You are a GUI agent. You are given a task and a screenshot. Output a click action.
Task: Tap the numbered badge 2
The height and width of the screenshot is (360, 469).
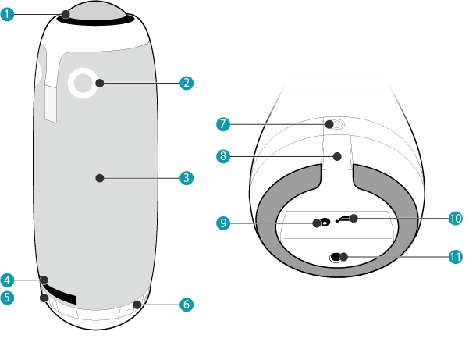pos(185,82)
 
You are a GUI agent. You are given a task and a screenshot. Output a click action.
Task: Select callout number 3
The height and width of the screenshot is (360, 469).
pos(185,178)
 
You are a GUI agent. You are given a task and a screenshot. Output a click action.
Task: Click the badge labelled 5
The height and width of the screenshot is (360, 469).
pos(8,298)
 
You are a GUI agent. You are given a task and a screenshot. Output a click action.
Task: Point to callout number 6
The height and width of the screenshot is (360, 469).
pos(185,305)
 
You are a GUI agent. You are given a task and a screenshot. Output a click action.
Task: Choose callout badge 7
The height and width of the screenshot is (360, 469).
pos(222,124)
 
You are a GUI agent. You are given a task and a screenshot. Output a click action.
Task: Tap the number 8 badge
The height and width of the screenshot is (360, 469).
pos(222,156)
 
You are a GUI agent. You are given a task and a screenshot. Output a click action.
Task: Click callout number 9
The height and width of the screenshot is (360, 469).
pos(222,223)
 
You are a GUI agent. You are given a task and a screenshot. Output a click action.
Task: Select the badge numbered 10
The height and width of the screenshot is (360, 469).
pos(456,218)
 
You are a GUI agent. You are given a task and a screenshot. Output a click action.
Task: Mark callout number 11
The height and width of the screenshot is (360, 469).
pos(456,256)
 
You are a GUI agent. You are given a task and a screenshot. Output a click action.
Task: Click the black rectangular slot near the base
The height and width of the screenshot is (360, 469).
pos(61,295)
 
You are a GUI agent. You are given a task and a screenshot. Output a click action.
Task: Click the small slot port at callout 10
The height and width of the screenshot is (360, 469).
pos(349,219)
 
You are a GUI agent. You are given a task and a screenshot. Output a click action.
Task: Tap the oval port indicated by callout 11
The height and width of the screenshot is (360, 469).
pos(339,256)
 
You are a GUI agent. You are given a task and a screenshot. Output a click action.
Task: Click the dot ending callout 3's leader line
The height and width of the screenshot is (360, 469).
pos(99,178)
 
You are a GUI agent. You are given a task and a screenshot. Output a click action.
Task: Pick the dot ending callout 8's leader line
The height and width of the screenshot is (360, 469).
pos(336,156)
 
